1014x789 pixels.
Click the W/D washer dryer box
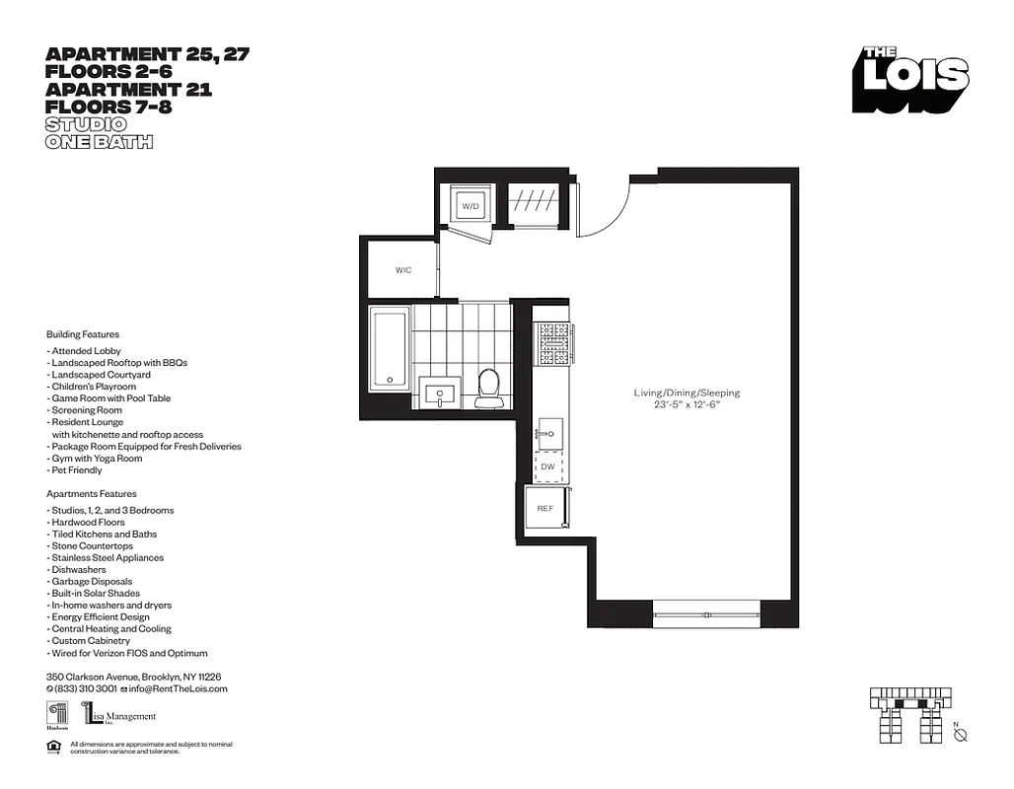point(471,206)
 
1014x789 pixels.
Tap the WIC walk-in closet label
point(403,270)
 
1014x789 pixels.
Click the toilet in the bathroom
point(486,389)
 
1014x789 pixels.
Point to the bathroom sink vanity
point(439,394)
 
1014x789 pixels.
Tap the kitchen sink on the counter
point(549,432)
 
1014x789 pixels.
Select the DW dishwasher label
point(548,467)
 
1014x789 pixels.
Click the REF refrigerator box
point(545,508)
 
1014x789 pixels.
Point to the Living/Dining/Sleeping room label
point(687,393)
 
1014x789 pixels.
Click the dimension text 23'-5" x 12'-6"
point(687,405)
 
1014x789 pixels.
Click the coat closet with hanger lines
point(533,203)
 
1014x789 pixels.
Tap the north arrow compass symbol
point(961,735)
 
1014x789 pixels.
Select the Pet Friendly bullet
point(74,470)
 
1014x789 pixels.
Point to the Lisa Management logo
point(119,715)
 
